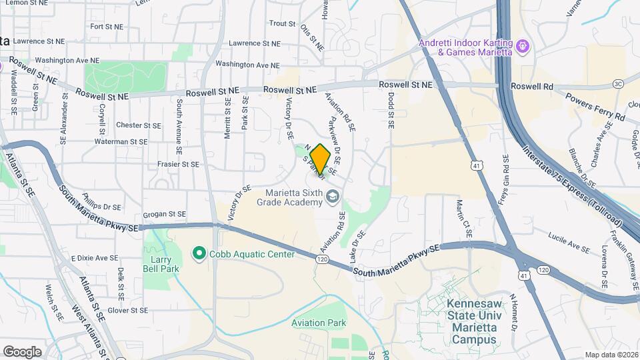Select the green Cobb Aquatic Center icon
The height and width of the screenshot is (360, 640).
pos(199,254)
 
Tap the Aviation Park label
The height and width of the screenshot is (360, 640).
pos(319,323)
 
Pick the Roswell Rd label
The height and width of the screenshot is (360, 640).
pos(532,87)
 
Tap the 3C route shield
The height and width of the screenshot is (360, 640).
pos(618,84)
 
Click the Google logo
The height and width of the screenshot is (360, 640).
pos(22,351)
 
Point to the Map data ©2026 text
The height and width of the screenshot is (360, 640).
pos(611,355)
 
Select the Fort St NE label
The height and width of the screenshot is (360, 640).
pos(105,27)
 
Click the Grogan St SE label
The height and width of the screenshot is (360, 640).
pos(163,215)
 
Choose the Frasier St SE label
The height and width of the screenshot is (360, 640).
pos(178,164)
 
